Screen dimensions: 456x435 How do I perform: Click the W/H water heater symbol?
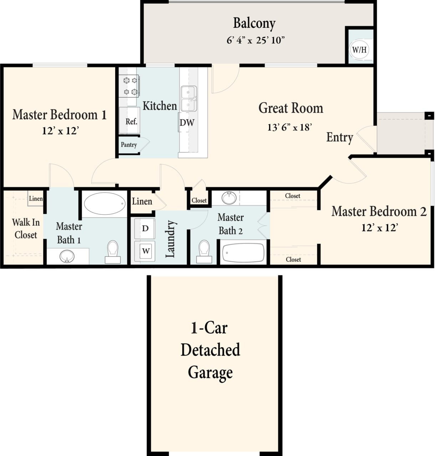click(359, 50)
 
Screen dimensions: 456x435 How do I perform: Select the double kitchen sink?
click(189, 99)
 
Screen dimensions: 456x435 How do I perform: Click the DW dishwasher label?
click(186, 123)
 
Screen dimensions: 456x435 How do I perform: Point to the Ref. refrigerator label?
click(131, 121)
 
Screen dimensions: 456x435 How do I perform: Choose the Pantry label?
click(129, 145)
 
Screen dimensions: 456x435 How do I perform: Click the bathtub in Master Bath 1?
click(104, 203)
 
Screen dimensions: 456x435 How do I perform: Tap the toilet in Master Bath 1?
click(113, 251)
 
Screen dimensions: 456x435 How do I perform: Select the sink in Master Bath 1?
click(67, 256)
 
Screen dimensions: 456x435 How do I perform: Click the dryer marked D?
click(145, 228)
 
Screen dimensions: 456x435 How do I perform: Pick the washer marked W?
click(145, 251)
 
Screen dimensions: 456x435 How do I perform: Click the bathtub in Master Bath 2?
click(243, 253)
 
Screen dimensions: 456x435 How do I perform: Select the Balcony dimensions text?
click(256, 40)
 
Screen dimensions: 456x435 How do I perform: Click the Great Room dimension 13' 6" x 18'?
click(290, 127)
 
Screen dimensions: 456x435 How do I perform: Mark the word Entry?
click(339, 138)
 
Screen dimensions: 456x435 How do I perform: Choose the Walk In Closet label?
click(26, 228)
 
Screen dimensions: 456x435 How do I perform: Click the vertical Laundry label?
click(170, 239)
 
